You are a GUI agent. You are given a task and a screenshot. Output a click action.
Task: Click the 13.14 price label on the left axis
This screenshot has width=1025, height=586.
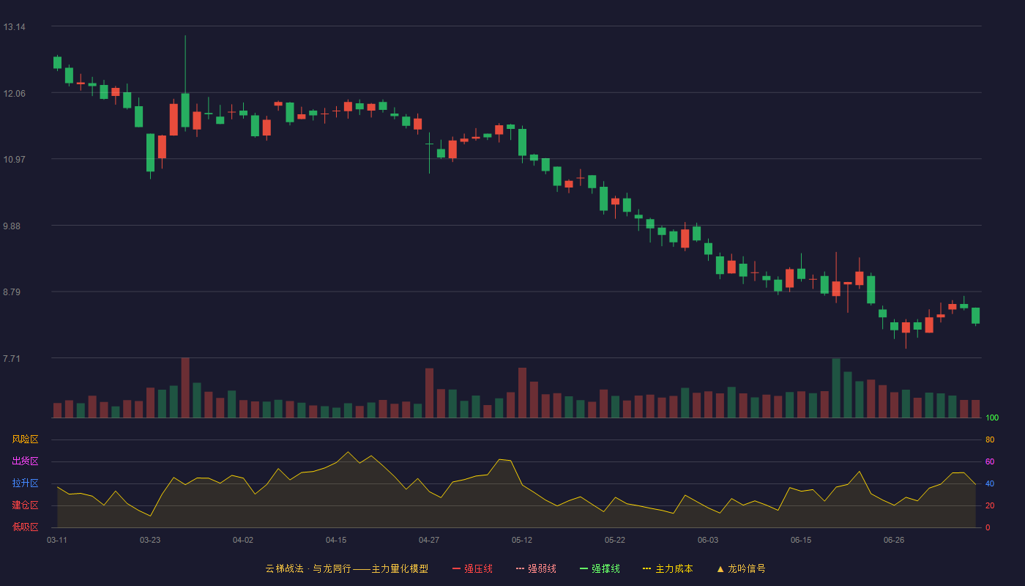tap(14, 27)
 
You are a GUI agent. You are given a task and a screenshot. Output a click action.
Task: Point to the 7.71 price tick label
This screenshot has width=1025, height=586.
tap(12, 358)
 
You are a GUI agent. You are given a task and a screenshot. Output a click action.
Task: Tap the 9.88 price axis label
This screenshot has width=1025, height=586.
tap(12, 226)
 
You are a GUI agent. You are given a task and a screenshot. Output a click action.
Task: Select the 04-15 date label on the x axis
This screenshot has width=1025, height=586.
tap(336, 541)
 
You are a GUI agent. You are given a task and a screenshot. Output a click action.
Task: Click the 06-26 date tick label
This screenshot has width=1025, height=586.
tap(894, 541)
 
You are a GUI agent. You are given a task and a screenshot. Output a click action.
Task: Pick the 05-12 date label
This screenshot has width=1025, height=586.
tap(521, 541)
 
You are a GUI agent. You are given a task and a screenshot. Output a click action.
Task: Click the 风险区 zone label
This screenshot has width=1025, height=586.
tap(25, 439)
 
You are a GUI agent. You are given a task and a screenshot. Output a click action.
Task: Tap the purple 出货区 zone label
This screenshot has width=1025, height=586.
tap(25, 461)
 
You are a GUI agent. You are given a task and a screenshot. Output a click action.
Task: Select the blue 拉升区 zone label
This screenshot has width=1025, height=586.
tap(25, 483)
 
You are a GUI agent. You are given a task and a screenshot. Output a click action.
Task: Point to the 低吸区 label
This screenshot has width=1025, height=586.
tap(25, 527)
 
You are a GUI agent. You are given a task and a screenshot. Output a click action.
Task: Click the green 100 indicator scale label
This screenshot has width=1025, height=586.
tap(992, 418)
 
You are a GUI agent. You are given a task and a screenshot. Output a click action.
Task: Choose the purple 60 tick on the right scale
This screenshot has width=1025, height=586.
tap(990, 461)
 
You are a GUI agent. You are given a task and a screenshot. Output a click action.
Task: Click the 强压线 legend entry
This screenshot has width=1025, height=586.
tap(472, 568)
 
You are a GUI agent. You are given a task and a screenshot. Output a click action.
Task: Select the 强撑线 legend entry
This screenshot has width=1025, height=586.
tap(600, 568)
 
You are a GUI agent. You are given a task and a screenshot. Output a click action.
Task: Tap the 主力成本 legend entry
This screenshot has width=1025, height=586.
tap(668, 568)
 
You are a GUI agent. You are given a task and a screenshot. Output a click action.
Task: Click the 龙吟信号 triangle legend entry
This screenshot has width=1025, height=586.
tap(741, 568)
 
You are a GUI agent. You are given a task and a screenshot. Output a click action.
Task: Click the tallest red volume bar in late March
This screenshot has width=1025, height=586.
tap(185, 387)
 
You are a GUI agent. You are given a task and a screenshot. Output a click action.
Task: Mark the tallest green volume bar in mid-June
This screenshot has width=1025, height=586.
tap(836, 388)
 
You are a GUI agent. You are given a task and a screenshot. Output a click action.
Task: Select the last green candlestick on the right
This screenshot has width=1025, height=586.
tap(975, 316)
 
